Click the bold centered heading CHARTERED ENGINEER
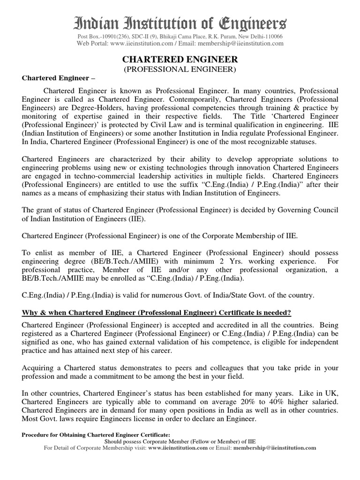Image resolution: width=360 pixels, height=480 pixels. (x=180, y=60)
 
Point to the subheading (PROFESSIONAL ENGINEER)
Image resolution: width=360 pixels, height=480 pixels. (x=180, y=69)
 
